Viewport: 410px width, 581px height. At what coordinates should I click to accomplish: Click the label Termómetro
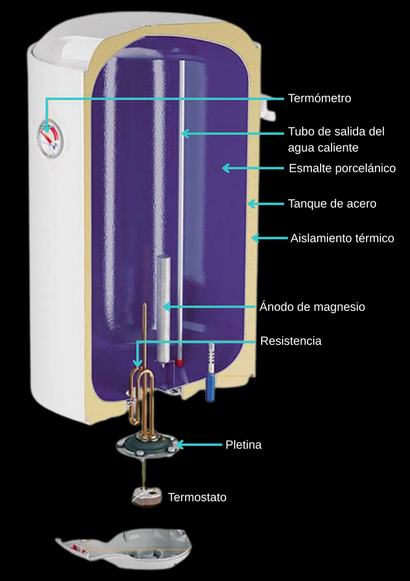319,99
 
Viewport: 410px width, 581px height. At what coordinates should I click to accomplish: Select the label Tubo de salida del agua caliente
336,140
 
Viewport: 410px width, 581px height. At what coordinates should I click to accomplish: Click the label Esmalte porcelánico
342,168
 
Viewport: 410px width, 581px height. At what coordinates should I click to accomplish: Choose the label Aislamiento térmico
342,238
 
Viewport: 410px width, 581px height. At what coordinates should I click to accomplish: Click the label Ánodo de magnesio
312,307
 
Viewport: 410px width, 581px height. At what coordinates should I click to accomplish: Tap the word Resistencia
291,341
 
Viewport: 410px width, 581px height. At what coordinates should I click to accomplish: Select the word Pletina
243,445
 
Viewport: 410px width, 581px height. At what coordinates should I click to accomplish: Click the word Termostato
197,497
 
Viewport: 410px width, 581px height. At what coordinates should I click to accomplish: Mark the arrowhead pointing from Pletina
179,445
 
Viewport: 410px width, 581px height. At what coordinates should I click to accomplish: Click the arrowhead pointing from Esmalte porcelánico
225,168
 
